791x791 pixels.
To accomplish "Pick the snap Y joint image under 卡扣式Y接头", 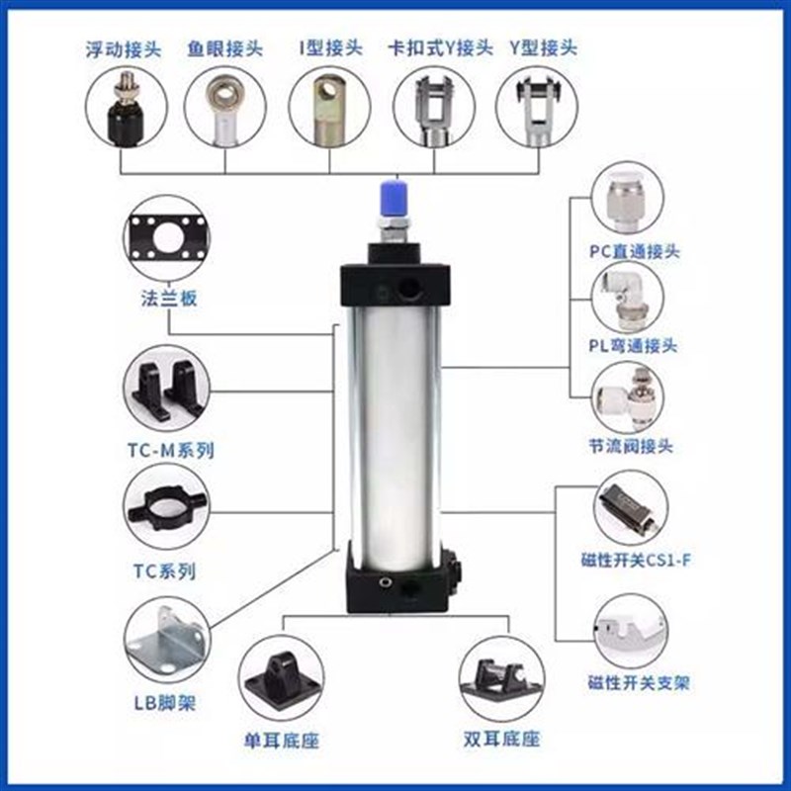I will point(434,109).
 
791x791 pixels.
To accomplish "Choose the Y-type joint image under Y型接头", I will point(537,109).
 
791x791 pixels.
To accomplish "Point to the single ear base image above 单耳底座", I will point(282,682).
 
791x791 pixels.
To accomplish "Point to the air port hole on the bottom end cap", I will point(406,589).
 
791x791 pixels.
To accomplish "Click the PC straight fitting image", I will point(634,203).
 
